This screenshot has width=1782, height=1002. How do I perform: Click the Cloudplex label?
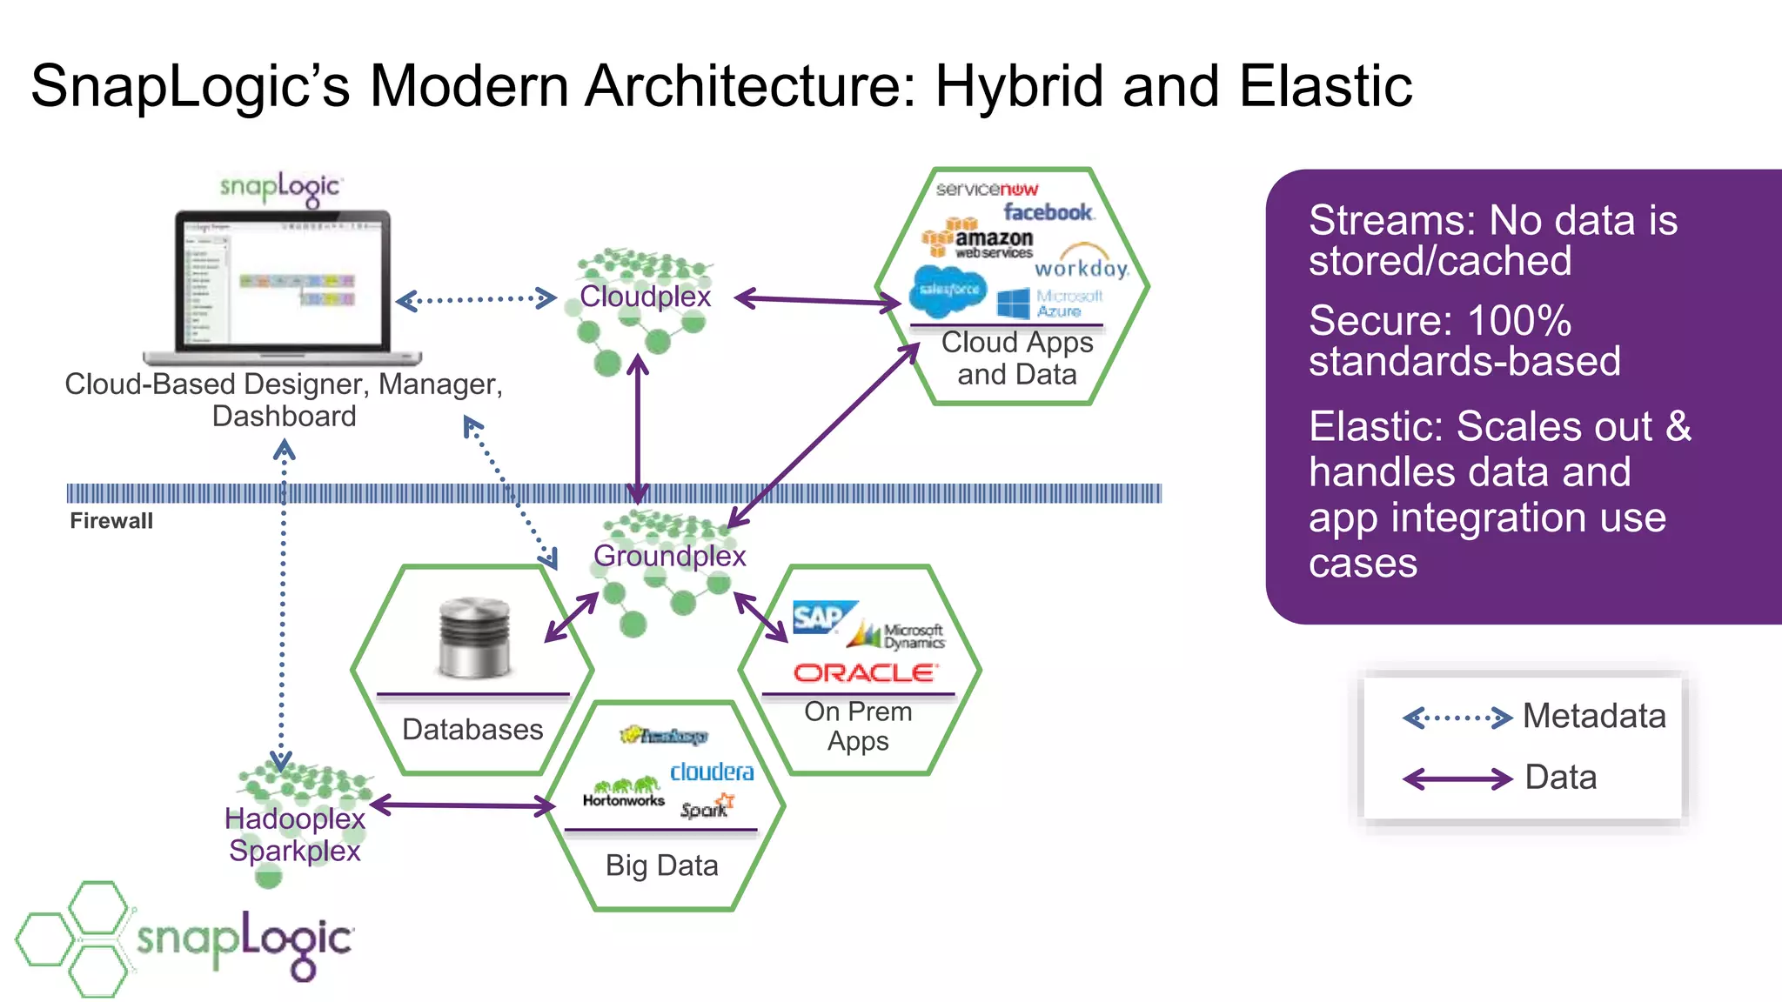tap(645, 297)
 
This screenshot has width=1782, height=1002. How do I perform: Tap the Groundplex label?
tap(669, 556)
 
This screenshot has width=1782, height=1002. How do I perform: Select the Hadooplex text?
tap(294, 818)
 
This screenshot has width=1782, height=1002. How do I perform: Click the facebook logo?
tap(1048, 212)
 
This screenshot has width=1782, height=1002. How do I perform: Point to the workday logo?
tap(1082, 266)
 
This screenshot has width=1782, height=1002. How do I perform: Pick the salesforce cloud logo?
tap(948, 291)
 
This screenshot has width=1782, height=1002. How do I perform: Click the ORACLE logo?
tap(865, 672)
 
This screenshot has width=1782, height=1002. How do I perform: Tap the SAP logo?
tap(820, 618)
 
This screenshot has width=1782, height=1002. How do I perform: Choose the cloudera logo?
tap(711, 772)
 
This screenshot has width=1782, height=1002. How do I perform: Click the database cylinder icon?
tap(474, 638)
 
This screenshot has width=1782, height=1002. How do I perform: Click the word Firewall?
tap(111, 521)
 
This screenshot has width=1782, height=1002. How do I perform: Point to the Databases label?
tap(472, 729)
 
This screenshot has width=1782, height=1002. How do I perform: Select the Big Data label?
tap(661, 865)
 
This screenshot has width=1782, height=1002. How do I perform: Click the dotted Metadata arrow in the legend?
tap(1457, 718)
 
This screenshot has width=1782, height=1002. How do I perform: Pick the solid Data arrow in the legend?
tap(1457, 778)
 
